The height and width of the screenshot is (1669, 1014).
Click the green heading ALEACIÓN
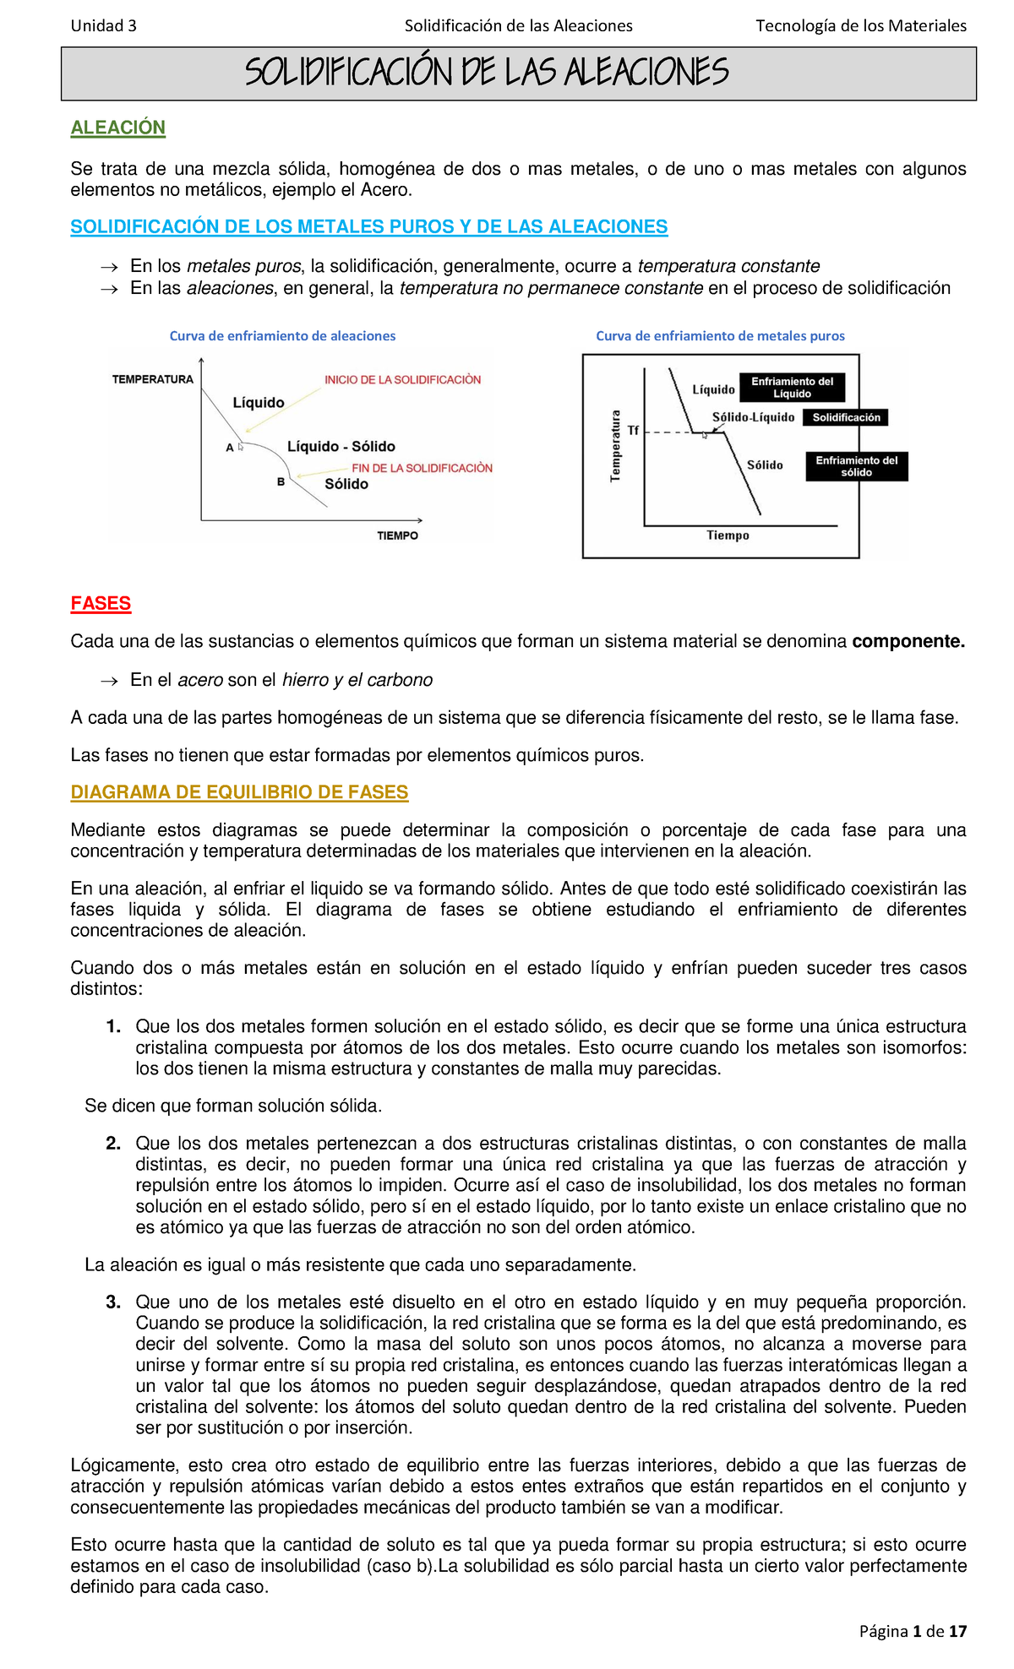[117, 128]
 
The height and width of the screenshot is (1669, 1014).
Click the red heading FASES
[101, 603]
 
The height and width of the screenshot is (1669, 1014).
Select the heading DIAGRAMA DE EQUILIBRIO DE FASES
[239, 792]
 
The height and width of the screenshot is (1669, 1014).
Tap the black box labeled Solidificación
[846, 417]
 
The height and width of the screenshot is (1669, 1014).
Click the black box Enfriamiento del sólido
[856, 466]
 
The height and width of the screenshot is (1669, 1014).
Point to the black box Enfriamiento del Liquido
[792, 388]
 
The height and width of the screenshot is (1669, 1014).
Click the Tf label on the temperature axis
[633, 431]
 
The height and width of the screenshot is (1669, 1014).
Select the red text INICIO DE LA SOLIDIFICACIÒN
[402, 380]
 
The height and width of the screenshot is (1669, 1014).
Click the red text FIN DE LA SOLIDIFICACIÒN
[422, 468]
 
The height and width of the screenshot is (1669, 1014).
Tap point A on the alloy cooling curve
[230, 449]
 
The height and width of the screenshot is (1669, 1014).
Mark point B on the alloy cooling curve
[281, 483]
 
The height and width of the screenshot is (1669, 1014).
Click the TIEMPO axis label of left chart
[397, 535]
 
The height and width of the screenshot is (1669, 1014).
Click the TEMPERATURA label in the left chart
[153, 379]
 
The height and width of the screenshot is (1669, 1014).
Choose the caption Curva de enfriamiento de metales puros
[720, 335]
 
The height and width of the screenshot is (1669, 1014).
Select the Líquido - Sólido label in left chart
[341, 446]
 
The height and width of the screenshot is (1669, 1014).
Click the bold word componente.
[908, 642]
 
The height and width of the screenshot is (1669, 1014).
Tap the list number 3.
[113, 1302]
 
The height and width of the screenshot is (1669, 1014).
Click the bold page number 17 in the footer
[957, 1631]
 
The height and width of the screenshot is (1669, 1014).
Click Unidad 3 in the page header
[103, 25]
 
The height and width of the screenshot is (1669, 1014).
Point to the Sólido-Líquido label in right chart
[753, 417]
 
